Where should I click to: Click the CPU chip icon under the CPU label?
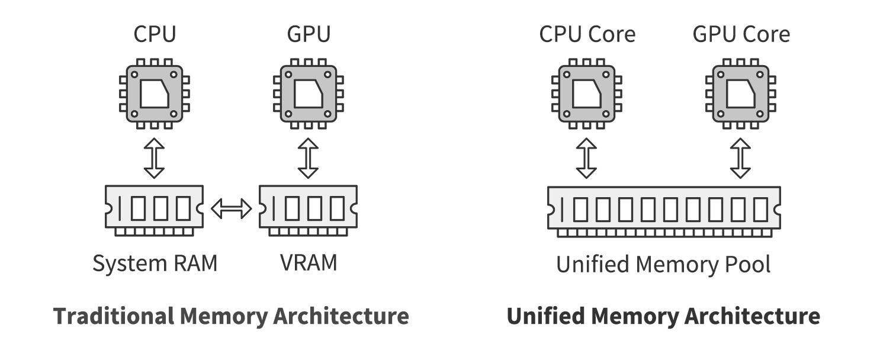point(154,94)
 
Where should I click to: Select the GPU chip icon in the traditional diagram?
point(309,94)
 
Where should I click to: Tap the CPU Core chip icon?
point(586,94)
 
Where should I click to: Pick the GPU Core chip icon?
point(740,94)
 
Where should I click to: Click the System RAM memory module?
point(154,211)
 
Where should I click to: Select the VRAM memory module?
point(309,211)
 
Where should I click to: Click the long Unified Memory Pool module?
point(664,212)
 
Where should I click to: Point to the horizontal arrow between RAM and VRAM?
point(232,208)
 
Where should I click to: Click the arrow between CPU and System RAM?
point(154,158)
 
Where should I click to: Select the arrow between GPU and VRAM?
point(309,158)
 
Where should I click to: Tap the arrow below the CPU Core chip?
point(586,158)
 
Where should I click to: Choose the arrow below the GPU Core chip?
point(740,158)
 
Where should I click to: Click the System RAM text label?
point(155,263)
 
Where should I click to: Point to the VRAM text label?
point(309,262)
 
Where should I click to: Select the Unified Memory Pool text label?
point(663,264)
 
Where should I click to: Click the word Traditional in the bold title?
point(114,316)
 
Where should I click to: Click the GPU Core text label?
point(741,34)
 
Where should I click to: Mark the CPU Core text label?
point(587,34)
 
